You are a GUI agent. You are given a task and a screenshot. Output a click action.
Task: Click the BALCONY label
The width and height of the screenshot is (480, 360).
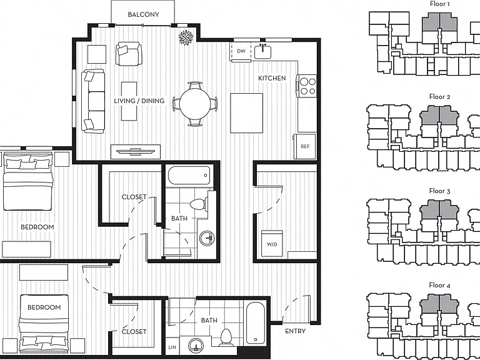coord(143,14)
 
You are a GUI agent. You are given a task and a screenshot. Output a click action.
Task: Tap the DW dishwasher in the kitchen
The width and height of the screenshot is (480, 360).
coord(241,51)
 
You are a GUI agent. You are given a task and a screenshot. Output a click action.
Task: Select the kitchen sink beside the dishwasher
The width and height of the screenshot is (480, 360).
coord(262,51)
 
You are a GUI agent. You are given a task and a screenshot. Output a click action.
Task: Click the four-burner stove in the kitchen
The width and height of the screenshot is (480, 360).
coord(307,86)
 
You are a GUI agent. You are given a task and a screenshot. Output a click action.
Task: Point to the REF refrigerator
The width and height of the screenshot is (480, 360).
coord(305,146)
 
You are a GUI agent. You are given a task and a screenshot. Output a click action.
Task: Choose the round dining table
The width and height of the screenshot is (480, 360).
coord(195,104)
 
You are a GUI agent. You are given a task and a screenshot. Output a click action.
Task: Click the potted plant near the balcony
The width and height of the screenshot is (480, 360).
coord(186,37)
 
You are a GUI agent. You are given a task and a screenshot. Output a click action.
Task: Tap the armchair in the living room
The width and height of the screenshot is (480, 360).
coord(129,54)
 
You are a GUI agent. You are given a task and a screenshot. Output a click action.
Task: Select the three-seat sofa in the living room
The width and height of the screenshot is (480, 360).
coord(93,101)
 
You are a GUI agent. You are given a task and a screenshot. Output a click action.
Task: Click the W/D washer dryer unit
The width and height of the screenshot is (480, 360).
coord(272,244)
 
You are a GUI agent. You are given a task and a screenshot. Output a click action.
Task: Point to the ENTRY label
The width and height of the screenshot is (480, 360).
coord(295,331)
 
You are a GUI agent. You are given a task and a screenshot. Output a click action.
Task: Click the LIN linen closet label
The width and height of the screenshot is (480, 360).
coord(172,347)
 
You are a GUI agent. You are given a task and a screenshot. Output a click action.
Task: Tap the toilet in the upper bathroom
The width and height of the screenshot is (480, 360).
coord(199,204)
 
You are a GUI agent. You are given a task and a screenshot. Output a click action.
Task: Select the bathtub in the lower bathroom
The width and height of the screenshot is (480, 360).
coord(255,323)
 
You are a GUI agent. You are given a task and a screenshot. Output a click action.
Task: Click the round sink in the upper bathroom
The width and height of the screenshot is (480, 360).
coord(207,238)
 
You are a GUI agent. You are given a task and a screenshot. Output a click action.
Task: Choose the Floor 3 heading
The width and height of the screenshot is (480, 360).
coord(439,191)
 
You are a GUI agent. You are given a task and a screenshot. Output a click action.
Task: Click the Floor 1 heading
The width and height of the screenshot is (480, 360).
coord(439,4)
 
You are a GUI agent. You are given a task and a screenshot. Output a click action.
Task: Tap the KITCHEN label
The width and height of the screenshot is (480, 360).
coord(272,78)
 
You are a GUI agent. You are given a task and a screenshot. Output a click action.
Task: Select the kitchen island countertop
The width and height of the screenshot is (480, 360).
coord(246,113)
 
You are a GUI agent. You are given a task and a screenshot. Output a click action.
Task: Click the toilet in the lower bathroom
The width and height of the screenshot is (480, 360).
coord(226,337)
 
